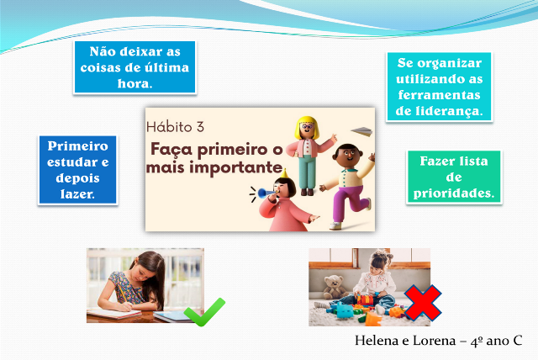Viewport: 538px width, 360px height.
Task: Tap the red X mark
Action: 423,303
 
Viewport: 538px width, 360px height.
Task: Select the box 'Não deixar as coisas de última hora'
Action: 134,67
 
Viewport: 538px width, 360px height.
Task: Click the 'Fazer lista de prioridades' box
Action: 454,177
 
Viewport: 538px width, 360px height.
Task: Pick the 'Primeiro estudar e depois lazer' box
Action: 78,170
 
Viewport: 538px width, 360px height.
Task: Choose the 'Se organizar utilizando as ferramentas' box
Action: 439,87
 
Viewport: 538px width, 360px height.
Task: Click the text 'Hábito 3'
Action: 175,127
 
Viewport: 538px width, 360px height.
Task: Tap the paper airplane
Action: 361,131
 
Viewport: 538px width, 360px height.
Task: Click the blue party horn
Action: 265,193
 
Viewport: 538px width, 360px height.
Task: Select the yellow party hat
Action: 283,173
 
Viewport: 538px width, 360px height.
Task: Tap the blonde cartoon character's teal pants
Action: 307,172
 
